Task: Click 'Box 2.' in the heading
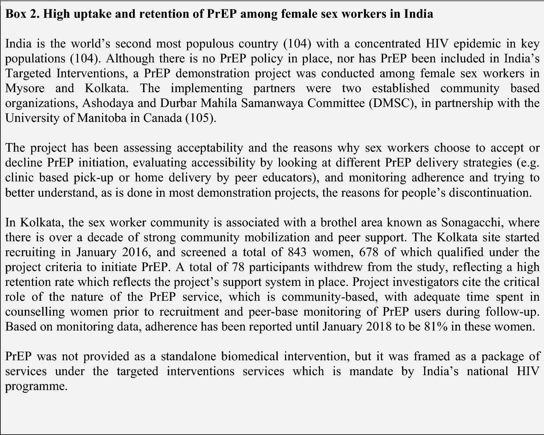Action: point(22,14)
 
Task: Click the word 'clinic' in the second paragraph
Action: point(19,177)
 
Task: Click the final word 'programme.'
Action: point(36,386)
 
